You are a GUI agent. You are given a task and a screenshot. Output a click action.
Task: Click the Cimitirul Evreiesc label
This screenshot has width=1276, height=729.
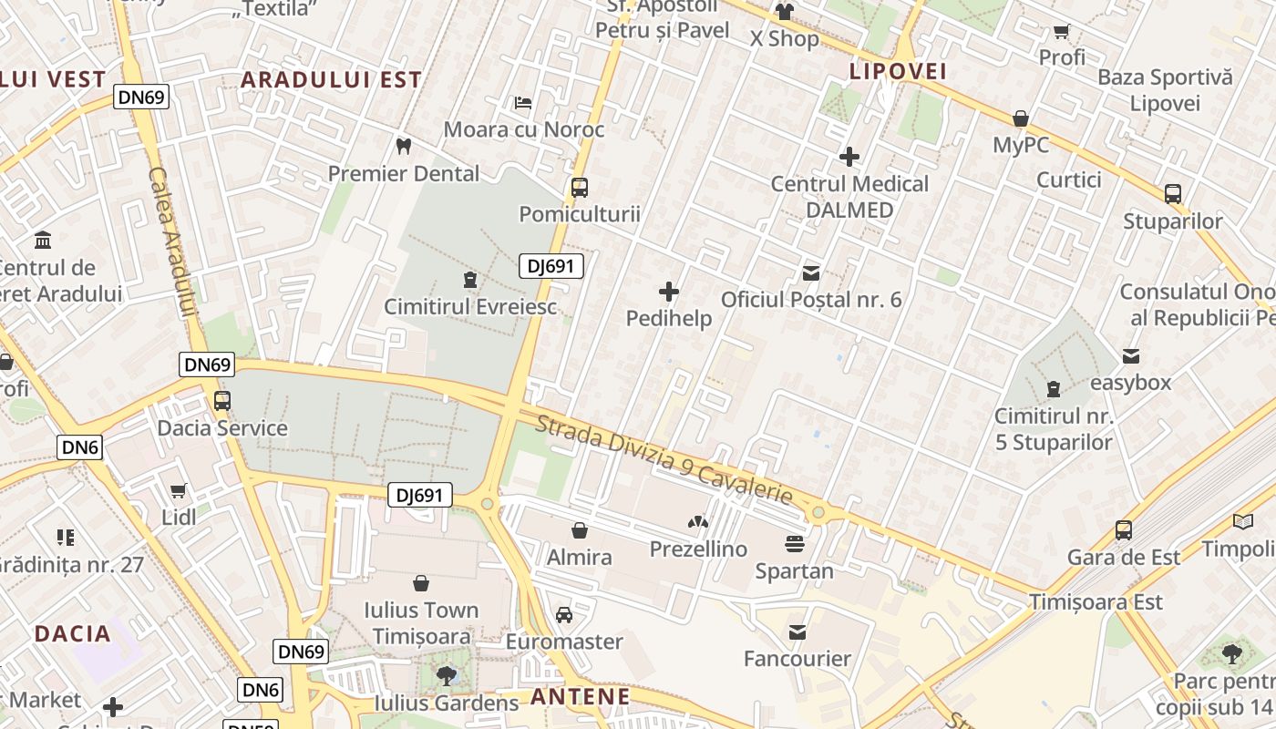click(x=469, y=306)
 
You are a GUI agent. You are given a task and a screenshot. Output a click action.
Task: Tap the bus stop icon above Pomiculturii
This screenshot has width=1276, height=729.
click(x=579, y=189)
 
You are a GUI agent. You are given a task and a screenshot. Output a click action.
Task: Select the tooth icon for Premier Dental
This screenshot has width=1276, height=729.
click(x=404, y=146)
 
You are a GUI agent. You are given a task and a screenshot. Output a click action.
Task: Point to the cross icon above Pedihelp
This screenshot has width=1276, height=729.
click(x=669, y=292)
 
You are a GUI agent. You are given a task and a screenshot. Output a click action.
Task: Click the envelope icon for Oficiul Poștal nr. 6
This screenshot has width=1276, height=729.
click(x=810, y=272)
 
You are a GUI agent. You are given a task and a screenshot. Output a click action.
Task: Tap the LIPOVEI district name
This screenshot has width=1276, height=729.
click(x=898, y=71)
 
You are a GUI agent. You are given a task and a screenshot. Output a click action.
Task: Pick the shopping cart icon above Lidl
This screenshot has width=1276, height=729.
click(x=179, y=490)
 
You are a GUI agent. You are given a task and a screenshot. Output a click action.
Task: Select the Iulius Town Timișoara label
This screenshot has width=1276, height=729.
click(x=421, y=622)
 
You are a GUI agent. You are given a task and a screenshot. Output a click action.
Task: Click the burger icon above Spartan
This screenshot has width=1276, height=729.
click(x=794, y=544)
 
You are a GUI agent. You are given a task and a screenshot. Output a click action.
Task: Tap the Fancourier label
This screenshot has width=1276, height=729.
click(x=797, y=658)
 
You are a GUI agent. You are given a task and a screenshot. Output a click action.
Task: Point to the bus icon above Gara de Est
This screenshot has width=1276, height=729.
click(x=1124, y=529)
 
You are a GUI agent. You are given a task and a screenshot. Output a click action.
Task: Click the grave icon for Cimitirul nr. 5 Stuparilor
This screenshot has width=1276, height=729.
click(x=1054, y=389)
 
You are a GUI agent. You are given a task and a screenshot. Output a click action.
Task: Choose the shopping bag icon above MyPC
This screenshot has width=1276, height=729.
click(x=1021, y=118)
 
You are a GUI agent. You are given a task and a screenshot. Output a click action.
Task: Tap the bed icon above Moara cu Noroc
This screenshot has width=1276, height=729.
click(x=523, y=102)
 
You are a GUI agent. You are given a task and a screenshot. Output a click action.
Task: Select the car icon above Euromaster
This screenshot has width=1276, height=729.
click(x=564, y=615)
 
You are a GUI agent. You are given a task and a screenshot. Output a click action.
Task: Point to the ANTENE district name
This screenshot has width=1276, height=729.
click(x=580, y=697)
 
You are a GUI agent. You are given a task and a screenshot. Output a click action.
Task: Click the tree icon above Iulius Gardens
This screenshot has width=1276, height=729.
click(x=446, y=675)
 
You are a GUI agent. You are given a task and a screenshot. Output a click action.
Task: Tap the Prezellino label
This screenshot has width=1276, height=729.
click(x=698, y=549)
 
